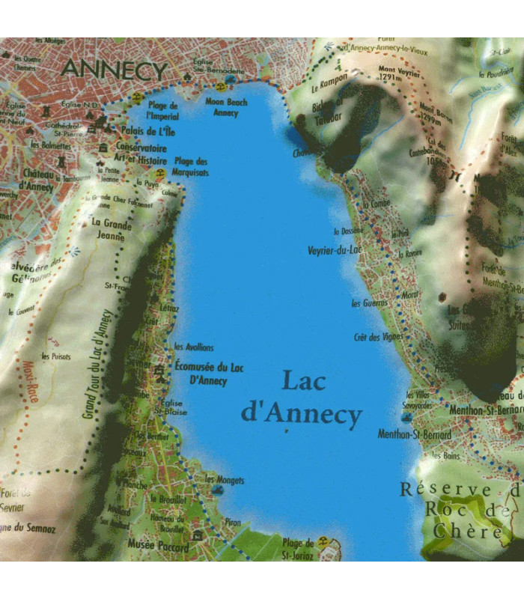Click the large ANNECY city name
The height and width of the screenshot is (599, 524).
tap(115, 70)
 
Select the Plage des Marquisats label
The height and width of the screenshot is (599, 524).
tap(191, 166)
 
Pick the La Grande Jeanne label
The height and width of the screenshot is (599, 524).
tap(111, 228)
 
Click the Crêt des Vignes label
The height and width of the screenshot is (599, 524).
tap(378, 337)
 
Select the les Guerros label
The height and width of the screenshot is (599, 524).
tap(369, 303)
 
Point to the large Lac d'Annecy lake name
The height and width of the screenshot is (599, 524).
tap(302, 398)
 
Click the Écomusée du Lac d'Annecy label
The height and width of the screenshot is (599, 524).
tap(210, 373)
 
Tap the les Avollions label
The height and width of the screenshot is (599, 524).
tap(193, 347)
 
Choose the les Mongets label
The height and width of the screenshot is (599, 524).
tap(225, 479)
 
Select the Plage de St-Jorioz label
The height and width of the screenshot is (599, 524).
tap(298, 548)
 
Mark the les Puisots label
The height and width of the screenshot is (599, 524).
tap(55, 356)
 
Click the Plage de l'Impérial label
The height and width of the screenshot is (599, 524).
tap(162, 111)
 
